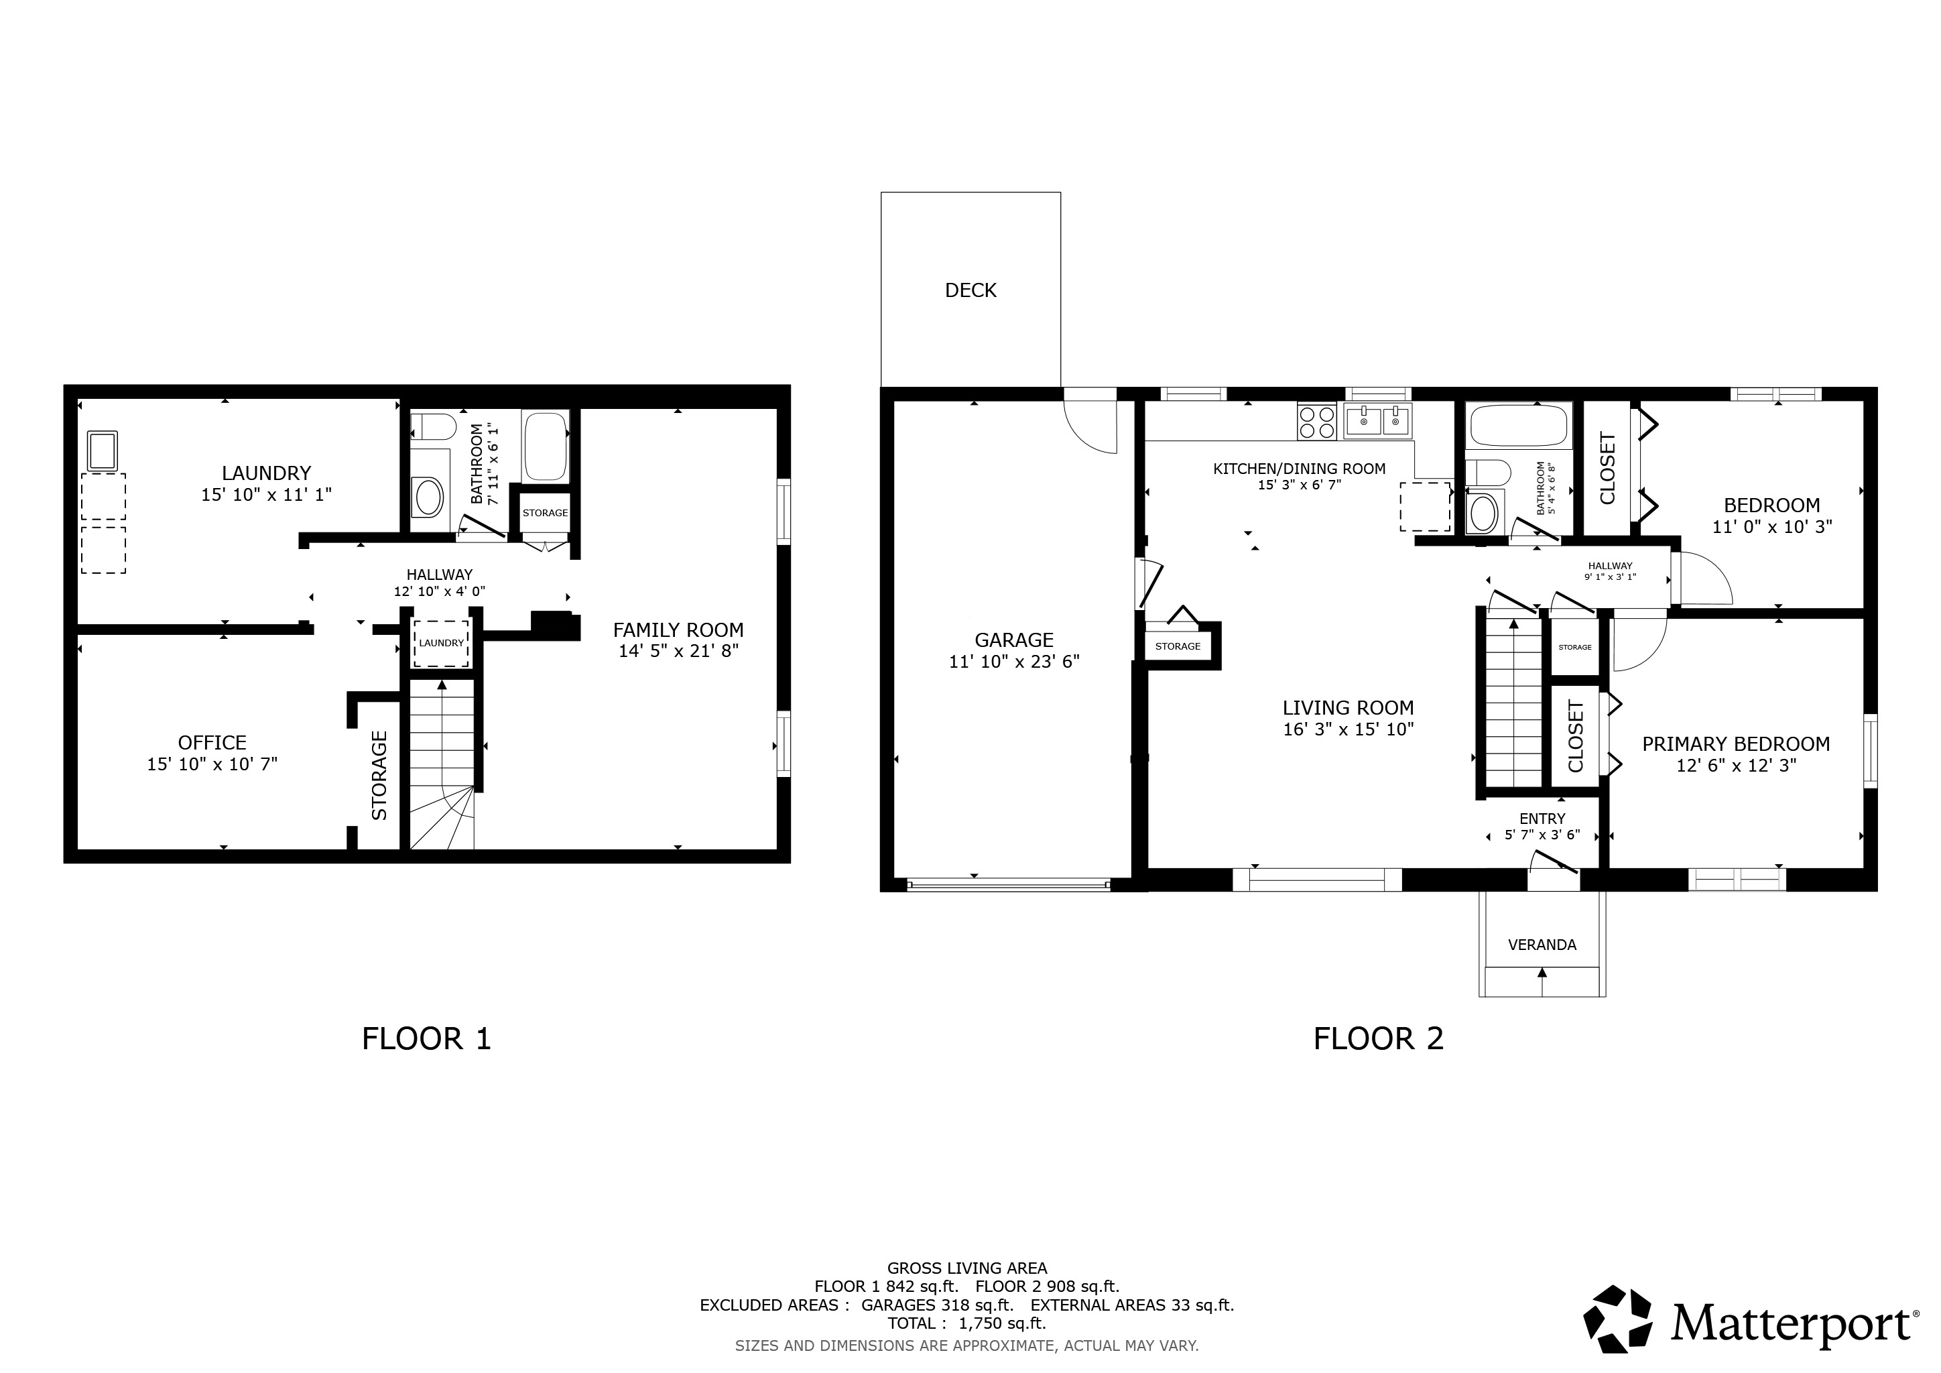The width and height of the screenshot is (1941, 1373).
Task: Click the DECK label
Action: pyautogui.click(x=970, y=290)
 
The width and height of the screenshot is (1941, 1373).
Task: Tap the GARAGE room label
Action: pyautogui.click(x=1013, y=640)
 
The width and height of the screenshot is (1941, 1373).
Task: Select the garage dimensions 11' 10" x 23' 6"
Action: pyautogui.click(x=1013, y=661)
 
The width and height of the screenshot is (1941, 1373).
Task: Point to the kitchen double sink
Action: pyautogui.click(x=1377, y=420)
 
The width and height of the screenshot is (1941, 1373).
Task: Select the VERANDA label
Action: pyautogui.click(x=1542, y=945)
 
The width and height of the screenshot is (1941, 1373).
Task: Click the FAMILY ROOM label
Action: pyautogui.click(x=678, y=630)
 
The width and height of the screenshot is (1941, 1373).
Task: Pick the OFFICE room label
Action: pyautogui.click(x=212, y=742)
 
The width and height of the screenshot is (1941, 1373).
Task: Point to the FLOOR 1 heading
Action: pyautogui.click(x=426, y=1038)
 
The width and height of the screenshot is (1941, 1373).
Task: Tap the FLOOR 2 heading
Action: pyautogui.click(x=1378, y=1038)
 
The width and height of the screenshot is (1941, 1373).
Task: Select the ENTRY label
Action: pyautogui.click(x=1542, y=819)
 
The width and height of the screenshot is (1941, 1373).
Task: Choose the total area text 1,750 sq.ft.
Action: pyautogui.click(x=1002, y=1324)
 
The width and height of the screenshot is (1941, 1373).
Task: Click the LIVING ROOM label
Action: pyautogui.click(x=1348, y=708)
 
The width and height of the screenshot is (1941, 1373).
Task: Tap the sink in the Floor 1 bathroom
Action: pyautogui.click(x=428, y=497)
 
